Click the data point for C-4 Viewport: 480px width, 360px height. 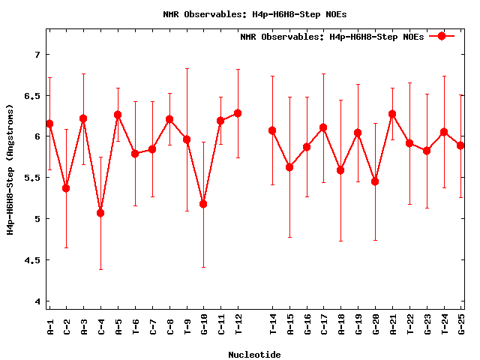click(x=100, y=213)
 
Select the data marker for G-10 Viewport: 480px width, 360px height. click(x=203, y=204)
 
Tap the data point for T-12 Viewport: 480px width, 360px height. click(x=238, y=113)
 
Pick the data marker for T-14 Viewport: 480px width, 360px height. click(x=272, y=130)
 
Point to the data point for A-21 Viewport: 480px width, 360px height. click(x=392, y=114)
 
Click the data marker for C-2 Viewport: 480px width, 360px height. click(x=66, y=188)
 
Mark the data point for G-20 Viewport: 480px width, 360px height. click(x=375, y=181)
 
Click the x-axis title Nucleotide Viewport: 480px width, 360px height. click(x=255, y=355)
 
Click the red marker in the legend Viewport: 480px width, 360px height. click(x=442, y=36)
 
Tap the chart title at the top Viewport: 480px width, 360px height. click(x=255, y=13)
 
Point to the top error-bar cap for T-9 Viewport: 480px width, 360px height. click(x=187, y=68)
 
